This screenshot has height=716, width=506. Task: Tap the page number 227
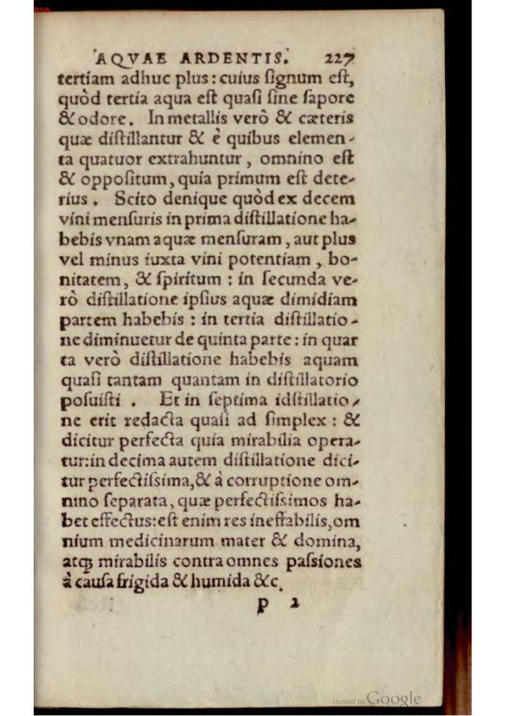(x=337, y=56)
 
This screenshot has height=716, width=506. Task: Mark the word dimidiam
(x=328, y=301)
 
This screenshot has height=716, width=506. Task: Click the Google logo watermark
(x=393, y=698)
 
